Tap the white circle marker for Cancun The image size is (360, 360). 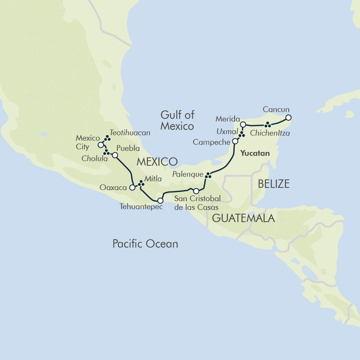(288, 117)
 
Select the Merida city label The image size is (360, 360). (228, 119)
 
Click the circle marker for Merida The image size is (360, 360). (243, 124)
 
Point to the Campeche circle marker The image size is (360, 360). (235, 141)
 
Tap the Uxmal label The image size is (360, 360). (227, 131)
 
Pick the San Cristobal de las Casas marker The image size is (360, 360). (196, 191)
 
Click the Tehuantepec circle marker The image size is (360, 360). (160, 201)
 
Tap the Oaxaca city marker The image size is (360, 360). (132, 188)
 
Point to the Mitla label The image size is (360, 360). (154, 178)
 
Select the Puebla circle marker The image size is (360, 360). (115, 155)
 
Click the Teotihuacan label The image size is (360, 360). (130, 132)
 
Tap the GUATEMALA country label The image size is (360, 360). (243, 218)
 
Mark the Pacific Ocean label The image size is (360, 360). (145, 244)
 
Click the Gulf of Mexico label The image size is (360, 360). (178, 120)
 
